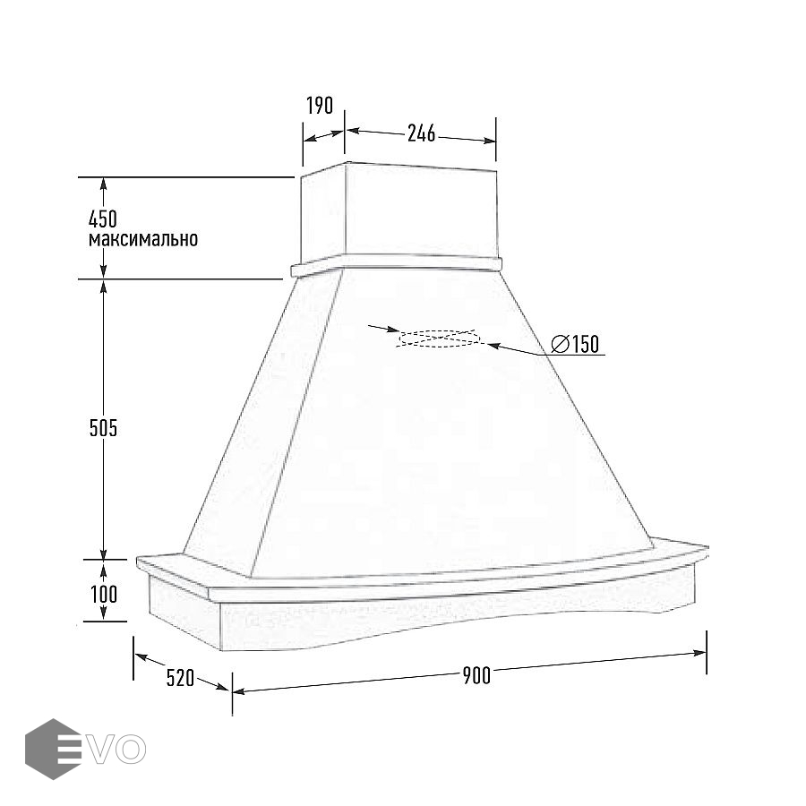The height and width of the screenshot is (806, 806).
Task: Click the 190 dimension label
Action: (320, 106)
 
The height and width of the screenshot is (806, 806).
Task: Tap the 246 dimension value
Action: (422, 133)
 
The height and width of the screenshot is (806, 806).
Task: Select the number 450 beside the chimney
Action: (103, 219)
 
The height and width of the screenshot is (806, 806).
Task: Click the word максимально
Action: (143, 239)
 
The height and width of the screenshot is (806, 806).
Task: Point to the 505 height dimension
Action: (103, 428)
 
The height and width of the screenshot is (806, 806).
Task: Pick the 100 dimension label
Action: (105, 595)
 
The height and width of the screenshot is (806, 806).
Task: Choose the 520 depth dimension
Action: (180, 678)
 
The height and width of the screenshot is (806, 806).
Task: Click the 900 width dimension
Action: (476, 675)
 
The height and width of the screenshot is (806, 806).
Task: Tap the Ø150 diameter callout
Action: (575, 344)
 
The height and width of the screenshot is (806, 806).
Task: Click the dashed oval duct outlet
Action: (439, 339)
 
